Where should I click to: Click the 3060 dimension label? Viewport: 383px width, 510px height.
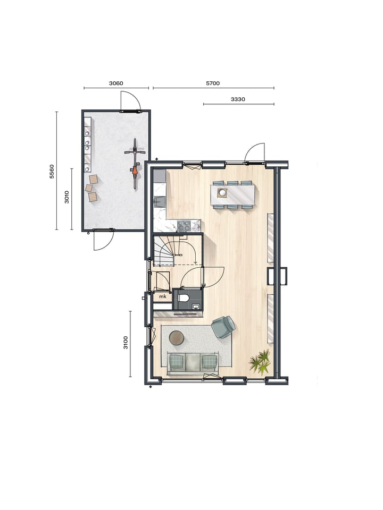pos(116,83)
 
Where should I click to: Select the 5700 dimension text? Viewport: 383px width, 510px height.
pos(213,83)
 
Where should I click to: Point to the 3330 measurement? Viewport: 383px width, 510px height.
pos(238,99)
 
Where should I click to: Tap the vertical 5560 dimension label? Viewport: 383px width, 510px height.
pos(52,171)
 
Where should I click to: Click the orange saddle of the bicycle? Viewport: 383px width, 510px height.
pos(134,171)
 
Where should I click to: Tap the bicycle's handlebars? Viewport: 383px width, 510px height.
pos(135,151)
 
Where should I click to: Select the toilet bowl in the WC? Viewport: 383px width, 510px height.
pos(184,297)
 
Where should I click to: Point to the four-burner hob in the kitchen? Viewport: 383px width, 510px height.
pos(185,225)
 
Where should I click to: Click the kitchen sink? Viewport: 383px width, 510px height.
pos(159,201)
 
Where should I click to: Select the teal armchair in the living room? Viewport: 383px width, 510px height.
pos(223,327)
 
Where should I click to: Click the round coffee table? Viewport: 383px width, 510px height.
pos(177,337)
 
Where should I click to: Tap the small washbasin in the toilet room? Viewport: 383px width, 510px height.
pos(196,306)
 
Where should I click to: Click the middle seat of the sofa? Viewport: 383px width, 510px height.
pos(193,362)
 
